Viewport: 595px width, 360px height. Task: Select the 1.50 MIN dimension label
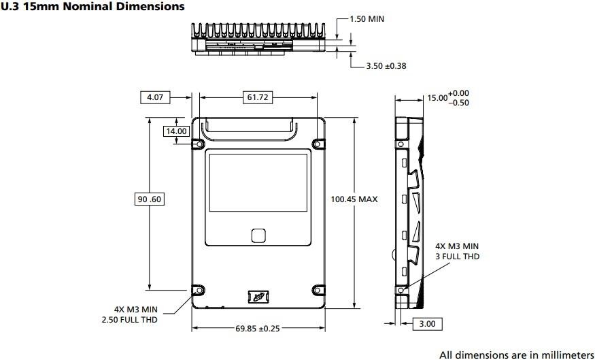[x=367, y=18]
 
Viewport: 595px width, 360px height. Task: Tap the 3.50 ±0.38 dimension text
[x=386, y=66]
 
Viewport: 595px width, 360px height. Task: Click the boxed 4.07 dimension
[x=155, y=97]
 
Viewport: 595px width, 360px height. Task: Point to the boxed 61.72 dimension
[x=257, y=97]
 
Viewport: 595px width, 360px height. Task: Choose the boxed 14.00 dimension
[x=175, y=131]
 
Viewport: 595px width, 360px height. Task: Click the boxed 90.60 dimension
[x=149, y=199]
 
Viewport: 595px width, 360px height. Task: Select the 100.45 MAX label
[x=354, y=199]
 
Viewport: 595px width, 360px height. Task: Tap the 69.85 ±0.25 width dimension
[x=258, y=329]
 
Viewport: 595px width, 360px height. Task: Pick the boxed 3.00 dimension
[x=427, y=324]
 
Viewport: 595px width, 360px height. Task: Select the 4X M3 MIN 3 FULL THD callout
[x=457, y=250]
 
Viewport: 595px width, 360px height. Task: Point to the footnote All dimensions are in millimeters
[x=516, y=354]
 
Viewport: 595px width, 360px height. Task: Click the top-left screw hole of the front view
[x=198, y=144]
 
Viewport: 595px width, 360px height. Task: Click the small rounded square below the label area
[x=258, y=235]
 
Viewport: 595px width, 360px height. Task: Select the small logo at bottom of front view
[x=257, y=297]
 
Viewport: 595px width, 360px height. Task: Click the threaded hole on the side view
[x=401, y=290]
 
